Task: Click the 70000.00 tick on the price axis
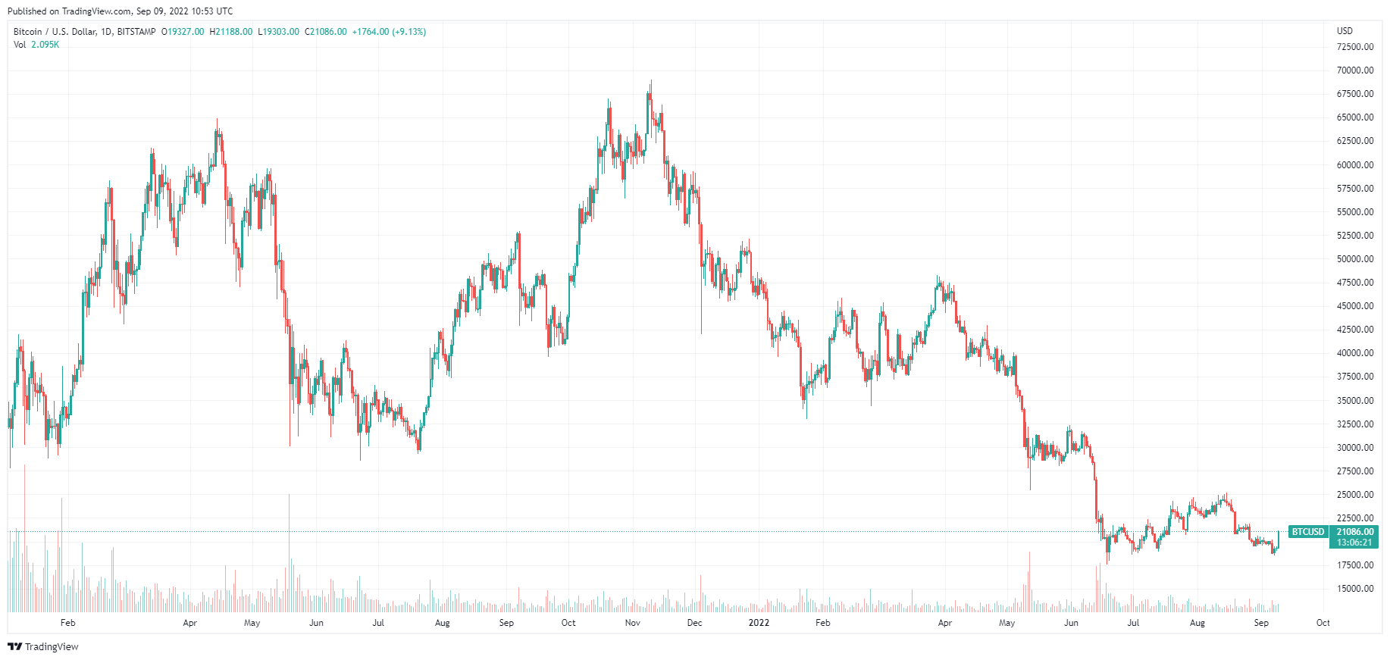(x=1355, y=70)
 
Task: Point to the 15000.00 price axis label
(x=1355, y=589)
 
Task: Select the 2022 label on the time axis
(x=759, y=623)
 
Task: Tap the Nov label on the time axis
(x=633, y=623)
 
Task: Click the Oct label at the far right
(x=1323, y=623)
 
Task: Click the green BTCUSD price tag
(x=1308, y=532)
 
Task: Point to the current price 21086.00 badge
(x=1354, y=532)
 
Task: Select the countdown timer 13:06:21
(x=1354, y=543)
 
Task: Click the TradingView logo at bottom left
(x=43, y=646)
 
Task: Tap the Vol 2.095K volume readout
(x=36, y=45)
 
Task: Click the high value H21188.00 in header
(x=231, y=32)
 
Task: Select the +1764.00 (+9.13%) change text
(x=389, y=32)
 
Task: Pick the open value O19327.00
(x=183, y=32)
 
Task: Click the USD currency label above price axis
(x=1345, y=31)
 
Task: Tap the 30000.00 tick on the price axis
(x=1355, y=448)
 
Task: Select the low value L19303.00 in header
(x=279, y=32)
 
